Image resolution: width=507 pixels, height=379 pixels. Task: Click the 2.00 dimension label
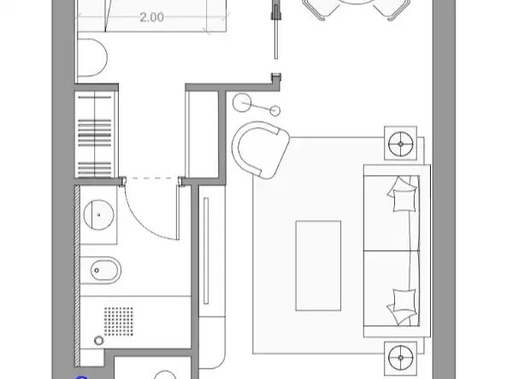151,17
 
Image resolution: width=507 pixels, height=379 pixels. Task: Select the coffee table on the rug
318,265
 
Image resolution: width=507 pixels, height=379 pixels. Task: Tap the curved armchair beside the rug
260,149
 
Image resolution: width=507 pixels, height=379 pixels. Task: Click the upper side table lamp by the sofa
401,143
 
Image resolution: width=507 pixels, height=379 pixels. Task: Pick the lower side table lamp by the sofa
401,358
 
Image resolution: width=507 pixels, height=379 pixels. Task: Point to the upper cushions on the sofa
402,194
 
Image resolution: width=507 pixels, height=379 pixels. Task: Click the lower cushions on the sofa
402,306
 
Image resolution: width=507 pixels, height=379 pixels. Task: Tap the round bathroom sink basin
98,214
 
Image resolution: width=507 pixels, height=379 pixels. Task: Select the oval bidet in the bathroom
101,271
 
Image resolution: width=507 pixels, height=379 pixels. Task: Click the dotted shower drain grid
119,321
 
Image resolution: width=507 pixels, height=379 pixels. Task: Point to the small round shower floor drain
99,341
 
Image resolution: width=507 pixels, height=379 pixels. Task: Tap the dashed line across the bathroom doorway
152,178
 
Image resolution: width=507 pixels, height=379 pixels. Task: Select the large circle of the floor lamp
242,102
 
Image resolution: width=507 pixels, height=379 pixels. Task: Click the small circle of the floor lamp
274,111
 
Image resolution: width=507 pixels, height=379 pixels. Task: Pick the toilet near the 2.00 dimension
91,58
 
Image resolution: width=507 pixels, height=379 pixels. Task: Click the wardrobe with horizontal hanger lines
95,134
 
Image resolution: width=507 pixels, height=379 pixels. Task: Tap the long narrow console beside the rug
206,251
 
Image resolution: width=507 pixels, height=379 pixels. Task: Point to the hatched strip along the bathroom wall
77,277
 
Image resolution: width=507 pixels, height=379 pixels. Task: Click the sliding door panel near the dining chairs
276,31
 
